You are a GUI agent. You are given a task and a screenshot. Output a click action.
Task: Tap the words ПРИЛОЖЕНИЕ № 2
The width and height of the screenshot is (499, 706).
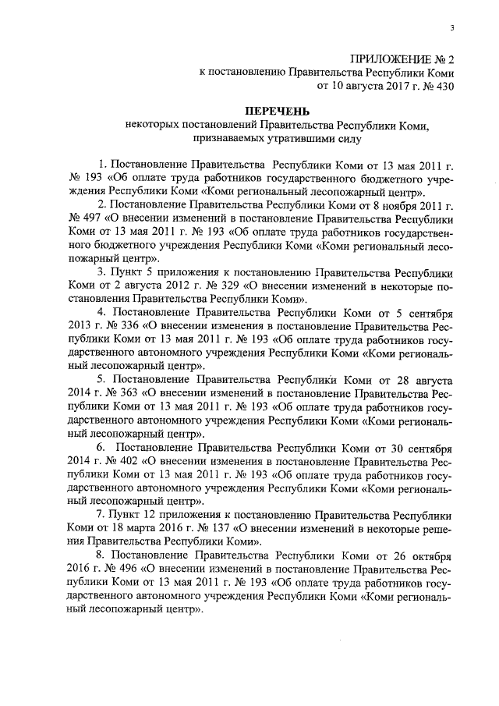point(402,59)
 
